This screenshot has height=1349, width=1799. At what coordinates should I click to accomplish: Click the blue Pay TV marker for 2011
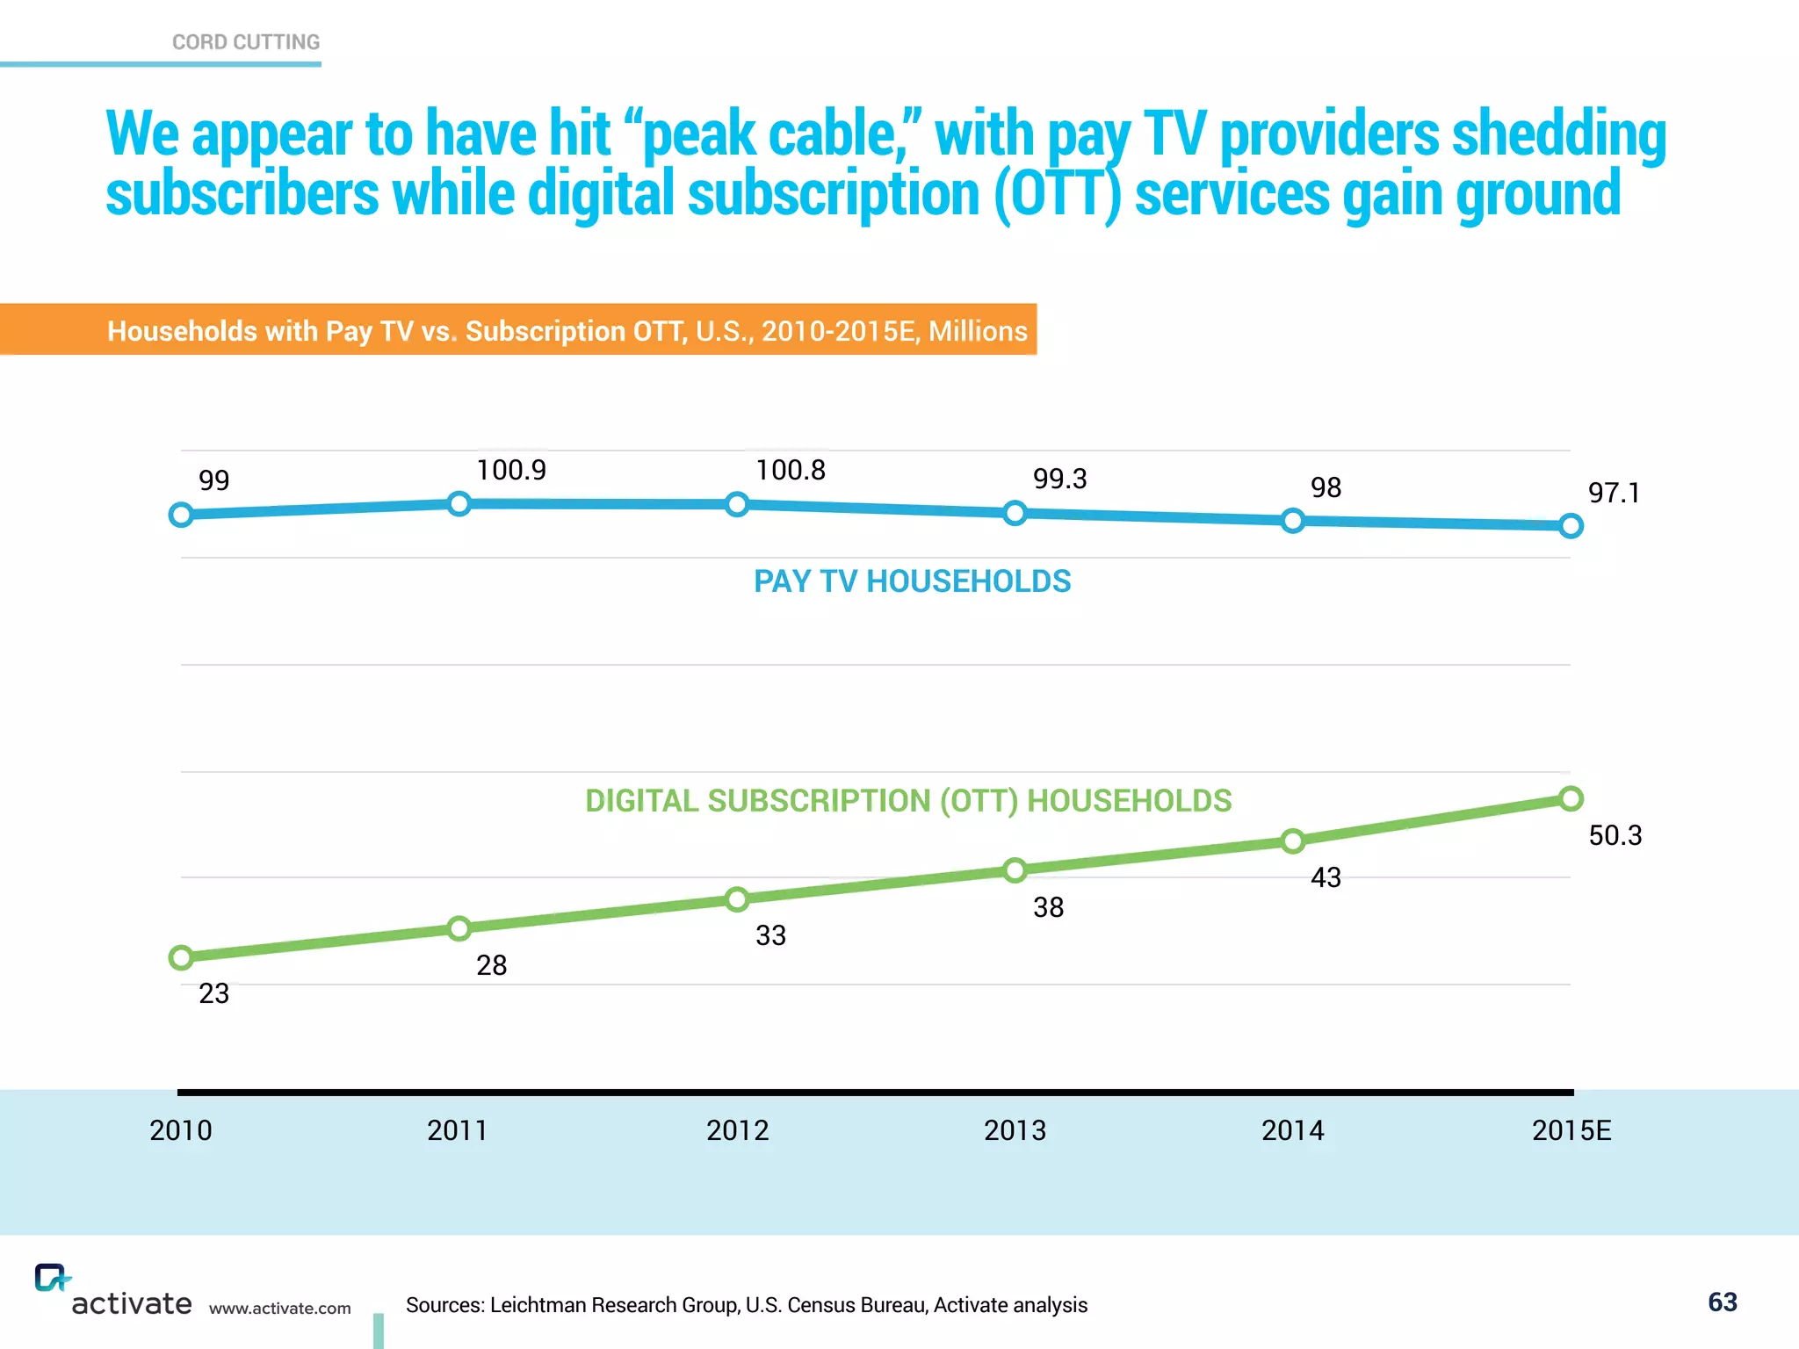pos(459,503)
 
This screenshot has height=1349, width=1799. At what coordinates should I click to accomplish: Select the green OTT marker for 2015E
pos(1571,798)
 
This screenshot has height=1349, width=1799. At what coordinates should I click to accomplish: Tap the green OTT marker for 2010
pos(181,957)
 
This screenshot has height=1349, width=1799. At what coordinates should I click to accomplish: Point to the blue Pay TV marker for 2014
pos(1292,521)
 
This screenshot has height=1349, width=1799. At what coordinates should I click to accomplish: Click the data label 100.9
pos(511,471)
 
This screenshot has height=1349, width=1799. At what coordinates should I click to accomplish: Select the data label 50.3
pos(1615,835)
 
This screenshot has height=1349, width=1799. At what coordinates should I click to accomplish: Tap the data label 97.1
pos(1614,494)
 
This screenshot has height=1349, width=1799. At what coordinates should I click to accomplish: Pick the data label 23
pos(213,993)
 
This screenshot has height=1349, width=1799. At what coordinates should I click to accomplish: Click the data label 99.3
pos(1059,480)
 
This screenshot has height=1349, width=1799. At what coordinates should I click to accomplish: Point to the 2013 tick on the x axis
pos(1015,1130)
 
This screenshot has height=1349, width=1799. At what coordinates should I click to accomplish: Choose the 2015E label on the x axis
pos(1571,1130)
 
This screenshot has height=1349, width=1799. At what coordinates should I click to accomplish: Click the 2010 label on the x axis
pos(181,1130)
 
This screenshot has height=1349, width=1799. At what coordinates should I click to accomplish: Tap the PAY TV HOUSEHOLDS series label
pos(912,581)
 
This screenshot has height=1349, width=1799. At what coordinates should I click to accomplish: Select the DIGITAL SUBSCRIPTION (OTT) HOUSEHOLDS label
pos(908,801)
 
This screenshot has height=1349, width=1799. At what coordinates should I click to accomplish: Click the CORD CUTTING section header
pos(246,42)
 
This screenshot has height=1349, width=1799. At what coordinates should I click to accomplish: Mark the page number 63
pos(1722,1302)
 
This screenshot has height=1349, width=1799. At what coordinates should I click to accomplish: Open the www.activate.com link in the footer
pos(279,1309)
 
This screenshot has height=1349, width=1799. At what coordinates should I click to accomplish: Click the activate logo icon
pos(51,1278)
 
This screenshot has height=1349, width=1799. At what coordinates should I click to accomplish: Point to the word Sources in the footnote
pos(444,1305)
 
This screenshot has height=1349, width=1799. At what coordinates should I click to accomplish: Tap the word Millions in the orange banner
pos(978,331)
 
